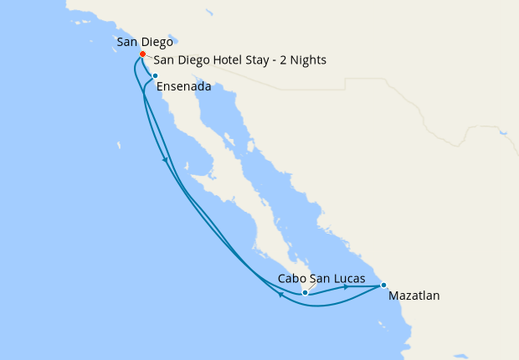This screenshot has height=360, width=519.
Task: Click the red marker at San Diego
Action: (x=142, y=54)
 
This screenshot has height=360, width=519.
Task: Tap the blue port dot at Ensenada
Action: (x=155, y=76)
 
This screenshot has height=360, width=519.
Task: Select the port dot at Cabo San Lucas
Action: (x=305, y=292)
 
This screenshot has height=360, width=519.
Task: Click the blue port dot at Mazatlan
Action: (x=383, y=285)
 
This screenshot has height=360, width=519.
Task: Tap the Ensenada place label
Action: (x=183, y=85)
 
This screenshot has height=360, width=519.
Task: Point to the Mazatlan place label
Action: (x=414, y=296)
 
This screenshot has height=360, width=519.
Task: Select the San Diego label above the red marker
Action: (x=145, y=41)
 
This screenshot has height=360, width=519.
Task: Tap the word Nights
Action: (x=308, y=60)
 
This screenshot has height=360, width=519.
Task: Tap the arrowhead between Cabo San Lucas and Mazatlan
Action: (x=346, y=286)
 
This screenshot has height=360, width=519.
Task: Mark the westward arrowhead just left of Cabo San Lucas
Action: (x=279, y=295)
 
